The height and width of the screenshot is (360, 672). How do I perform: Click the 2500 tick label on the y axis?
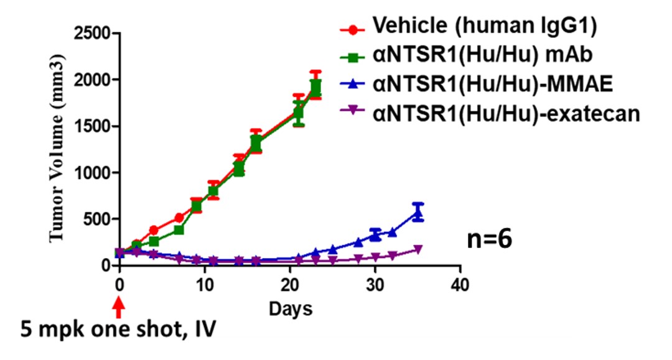(x=91, y=34)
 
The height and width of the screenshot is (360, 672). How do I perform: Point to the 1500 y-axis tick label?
(x=91, y=126)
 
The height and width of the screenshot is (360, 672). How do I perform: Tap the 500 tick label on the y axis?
(x=96, y=219)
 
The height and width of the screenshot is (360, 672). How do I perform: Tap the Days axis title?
(x=290, y=308)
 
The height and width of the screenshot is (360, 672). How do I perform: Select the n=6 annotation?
(x=490, y=240)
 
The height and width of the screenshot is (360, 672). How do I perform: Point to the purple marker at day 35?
(x=418, y=249)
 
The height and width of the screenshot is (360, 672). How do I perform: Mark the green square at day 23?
(x=315, y=86)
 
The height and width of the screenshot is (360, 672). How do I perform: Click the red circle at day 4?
(x=154, y=230)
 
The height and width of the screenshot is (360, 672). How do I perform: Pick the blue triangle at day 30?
(x=375, y=234)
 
